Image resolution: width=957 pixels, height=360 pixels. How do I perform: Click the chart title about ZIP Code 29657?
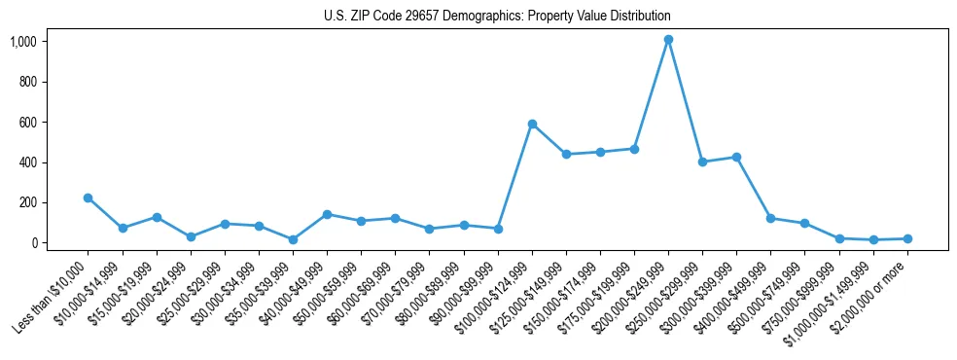coord(497,17)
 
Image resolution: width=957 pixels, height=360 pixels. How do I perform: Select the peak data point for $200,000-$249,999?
coord(668,40)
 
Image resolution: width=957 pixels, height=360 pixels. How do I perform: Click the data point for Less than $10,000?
coord(89,198)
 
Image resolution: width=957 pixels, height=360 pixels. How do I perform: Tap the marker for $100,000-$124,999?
coord(532,124)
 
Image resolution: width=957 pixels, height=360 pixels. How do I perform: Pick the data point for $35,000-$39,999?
coord(293,239)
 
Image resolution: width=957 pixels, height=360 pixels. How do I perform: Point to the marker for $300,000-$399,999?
coord(736,157)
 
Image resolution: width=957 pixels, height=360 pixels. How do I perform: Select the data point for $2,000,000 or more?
coord(907,238)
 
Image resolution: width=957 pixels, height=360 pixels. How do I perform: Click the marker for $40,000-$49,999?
coord(327,214)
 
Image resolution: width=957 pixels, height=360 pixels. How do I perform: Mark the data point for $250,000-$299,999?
coord(702,162)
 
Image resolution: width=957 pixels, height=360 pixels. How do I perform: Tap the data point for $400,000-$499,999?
coord(770,218)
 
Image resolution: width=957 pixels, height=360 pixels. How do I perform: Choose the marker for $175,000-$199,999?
coord(634,149)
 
